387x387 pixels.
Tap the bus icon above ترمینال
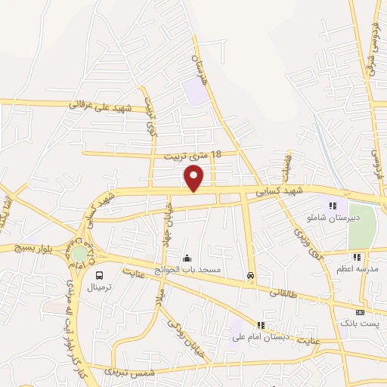pos(100,275)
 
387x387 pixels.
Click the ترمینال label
pos(100,288)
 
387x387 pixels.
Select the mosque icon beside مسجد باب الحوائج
pos(187,258)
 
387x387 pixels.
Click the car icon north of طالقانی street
pos(249,276)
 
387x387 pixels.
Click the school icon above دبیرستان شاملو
pos(333,206)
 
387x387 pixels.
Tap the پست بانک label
pos(360,324)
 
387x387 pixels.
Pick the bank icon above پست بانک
pos(360,311)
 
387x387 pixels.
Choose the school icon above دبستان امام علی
pos(262,324)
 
